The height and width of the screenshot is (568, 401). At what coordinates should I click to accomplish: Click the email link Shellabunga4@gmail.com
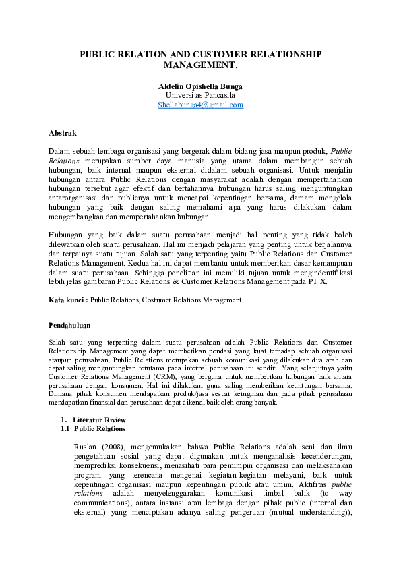(200, 105)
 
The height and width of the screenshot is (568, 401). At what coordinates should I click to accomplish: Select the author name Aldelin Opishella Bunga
(200, 87)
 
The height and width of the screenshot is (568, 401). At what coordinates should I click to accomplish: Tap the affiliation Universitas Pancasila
(200, 96)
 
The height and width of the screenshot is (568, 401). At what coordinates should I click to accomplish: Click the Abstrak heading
(63, 133)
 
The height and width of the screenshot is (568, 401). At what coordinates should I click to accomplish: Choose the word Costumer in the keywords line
(155, 299)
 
